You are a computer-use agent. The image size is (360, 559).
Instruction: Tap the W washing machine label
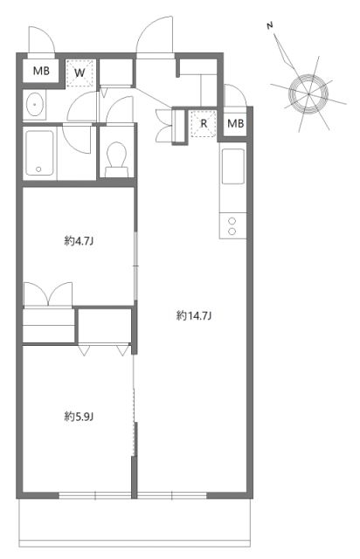coord(79,72)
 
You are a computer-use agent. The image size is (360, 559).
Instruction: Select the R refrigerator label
coord(204,123)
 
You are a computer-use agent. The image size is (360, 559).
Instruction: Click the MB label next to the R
coord(235,123)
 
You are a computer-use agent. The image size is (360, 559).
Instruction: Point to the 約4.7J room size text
coord(79,241)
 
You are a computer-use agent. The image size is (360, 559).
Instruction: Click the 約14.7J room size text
coord(194,315)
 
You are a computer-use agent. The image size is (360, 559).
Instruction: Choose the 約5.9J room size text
coord(79,417)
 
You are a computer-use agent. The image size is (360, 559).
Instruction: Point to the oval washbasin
coord(36,105)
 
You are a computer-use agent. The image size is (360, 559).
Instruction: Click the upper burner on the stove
coord(233,220)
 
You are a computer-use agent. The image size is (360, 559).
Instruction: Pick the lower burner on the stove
coord(233,232)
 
